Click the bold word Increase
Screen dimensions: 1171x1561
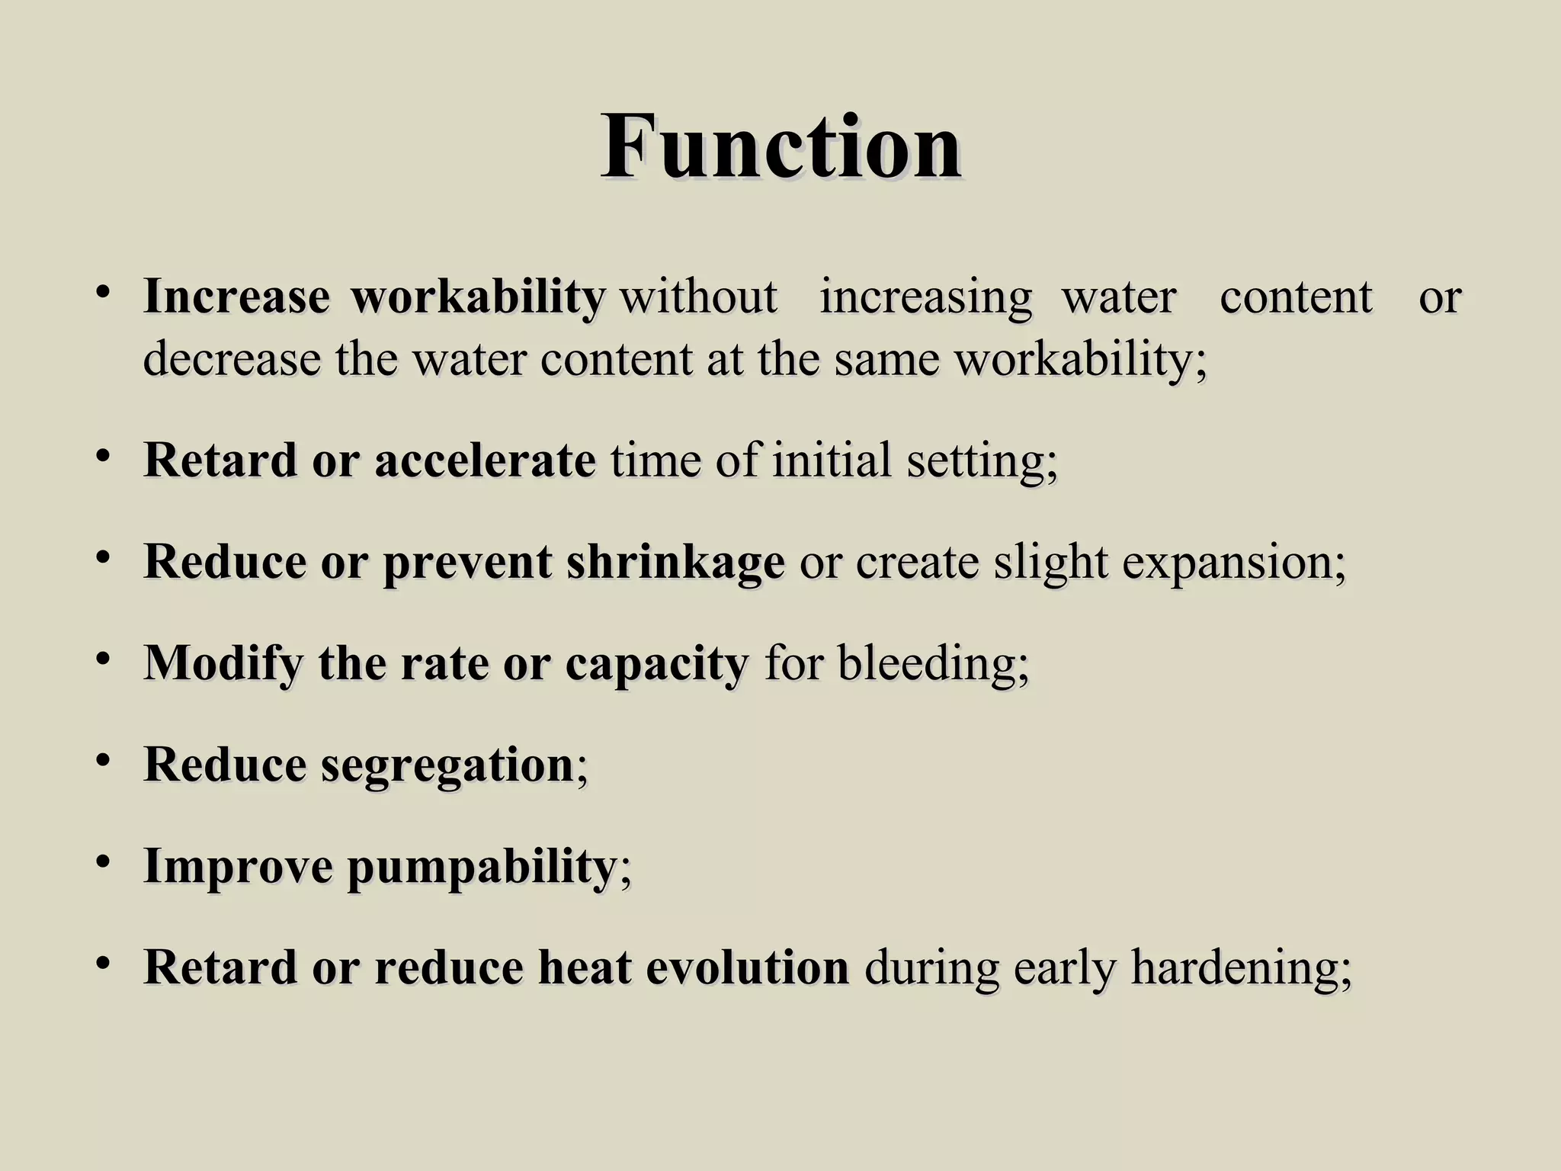coord(236,297)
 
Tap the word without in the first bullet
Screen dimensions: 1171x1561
coord(699,297)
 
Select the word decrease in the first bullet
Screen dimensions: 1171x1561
coord(232,359)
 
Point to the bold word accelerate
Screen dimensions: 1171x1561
coord(485,460)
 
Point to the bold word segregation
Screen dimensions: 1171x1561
coord(447,765)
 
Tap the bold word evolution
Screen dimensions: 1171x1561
coord(747,967)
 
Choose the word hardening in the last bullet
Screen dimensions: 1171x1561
coord(1241,969)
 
